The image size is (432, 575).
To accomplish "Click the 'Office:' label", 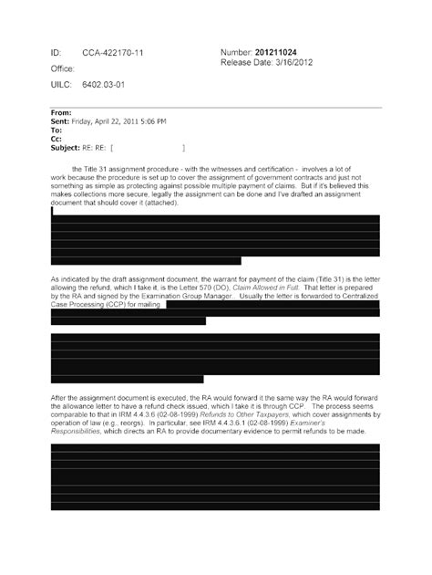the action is pyautogui.click(x=62, y=68).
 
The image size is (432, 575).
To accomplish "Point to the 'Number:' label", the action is pyautogui.click(x=240, y=54).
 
